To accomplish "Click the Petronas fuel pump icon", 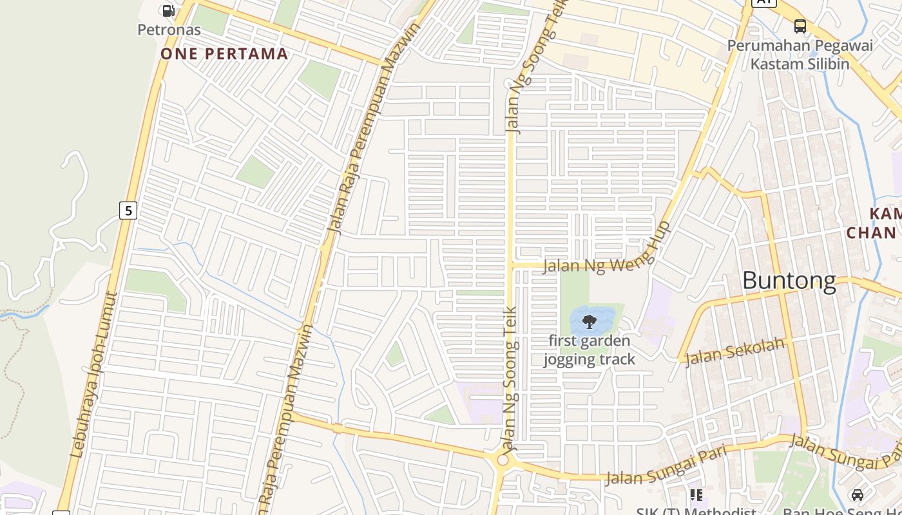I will (x=168, y=10).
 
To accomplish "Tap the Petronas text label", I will (x=169, y=30).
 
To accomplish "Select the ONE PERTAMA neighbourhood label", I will (x=224, y=53).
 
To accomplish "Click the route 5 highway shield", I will (x=128, y=210).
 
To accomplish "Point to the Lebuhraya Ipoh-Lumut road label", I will (x=93, y=377).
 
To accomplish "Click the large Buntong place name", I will (x=789, y=281).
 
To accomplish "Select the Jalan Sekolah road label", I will (x=734, y=351).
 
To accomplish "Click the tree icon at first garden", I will (x=589, y=321).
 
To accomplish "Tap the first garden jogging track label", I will (x=589, y=350).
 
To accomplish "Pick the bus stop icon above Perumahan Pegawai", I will (x=800, y=26).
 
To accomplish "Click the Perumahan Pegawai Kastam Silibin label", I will (x=800, y=55).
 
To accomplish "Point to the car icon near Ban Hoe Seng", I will (x=857, y=494).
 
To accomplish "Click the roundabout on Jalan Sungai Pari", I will (x=503, y=460).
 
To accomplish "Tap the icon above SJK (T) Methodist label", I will (x=696, y=494).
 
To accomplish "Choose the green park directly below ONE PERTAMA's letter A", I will (x=320, y=79).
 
